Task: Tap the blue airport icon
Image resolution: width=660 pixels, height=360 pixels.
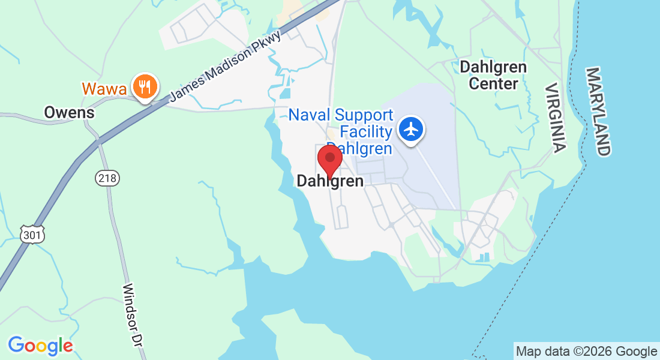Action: tap(412, 129)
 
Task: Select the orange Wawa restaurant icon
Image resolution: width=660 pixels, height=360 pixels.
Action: tap(145, 87)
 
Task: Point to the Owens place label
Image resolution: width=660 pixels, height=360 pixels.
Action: tap(70, 112)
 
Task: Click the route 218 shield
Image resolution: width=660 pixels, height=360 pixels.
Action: tap(107, 178)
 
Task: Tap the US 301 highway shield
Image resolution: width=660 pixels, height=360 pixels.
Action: tap(32, 235)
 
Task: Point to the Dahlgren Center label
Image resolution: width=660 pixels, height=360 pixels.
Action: tap(493, 75)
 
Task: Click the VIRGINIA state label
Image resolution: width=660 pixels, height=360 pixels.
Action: tap(555, 118)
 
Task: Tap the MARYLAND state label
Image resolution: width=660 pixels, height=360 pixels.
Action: tap(598, 112)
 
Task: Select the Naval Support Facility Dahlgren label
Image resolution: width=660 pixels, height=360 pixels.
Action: tap(341, 131)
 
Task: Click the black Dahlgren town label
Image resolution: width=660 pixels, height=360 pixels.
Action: tap(330, 181)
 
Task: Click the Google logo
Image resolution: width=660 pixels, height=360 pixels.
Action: tap(40, 346)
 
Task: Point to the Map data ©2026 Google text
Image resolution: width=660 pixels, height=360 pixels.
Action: tap(586, 352)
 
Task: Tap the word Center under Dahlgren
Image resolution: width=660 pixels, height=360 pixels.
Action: tap(493, 83)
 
